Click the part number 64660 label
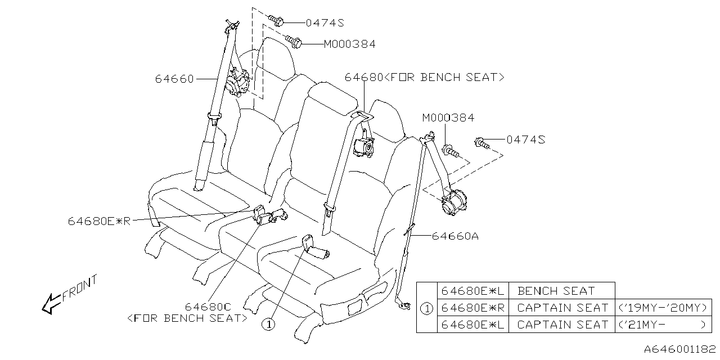[x=174, y=79]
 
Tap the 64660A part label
[x=455, y=236]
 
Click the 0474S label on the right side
[x=525, y=139]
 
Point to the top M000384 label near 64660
[x=349, y=44]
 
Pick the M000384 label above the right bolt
[x=448, y=118]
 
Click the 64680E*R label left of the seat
[x=99, y=221]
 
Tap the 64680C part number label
[x=208, y=307]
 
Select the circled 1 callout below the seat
[x=269, y=325]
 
